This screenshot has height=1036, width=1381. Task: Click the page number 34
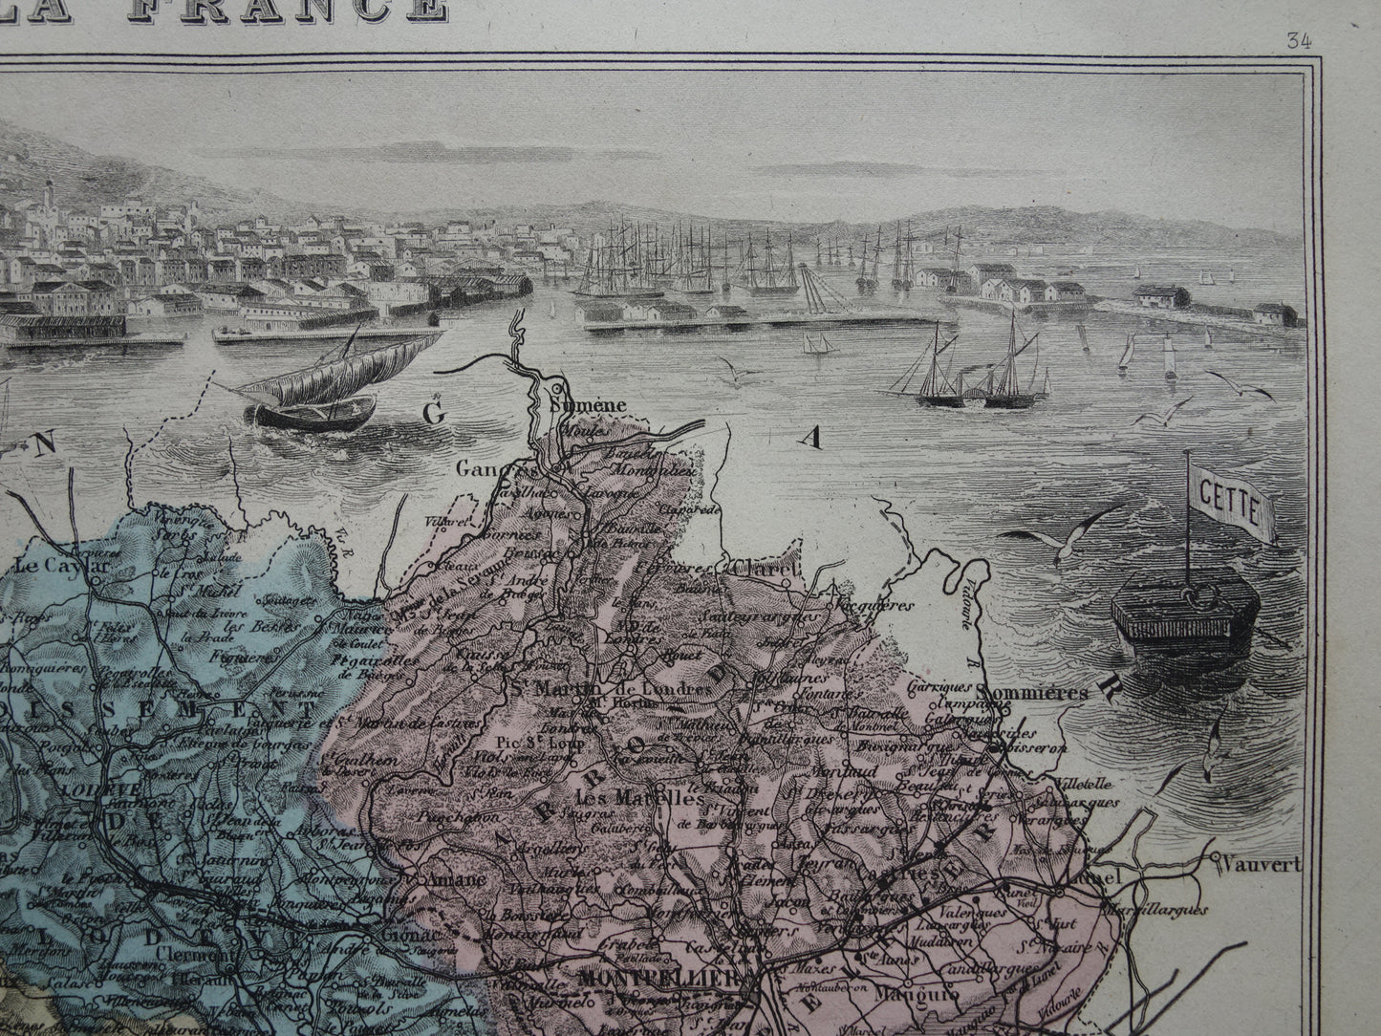click(1298, 40)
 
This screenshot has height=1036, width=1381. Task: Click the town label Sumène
click(589, 405)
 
